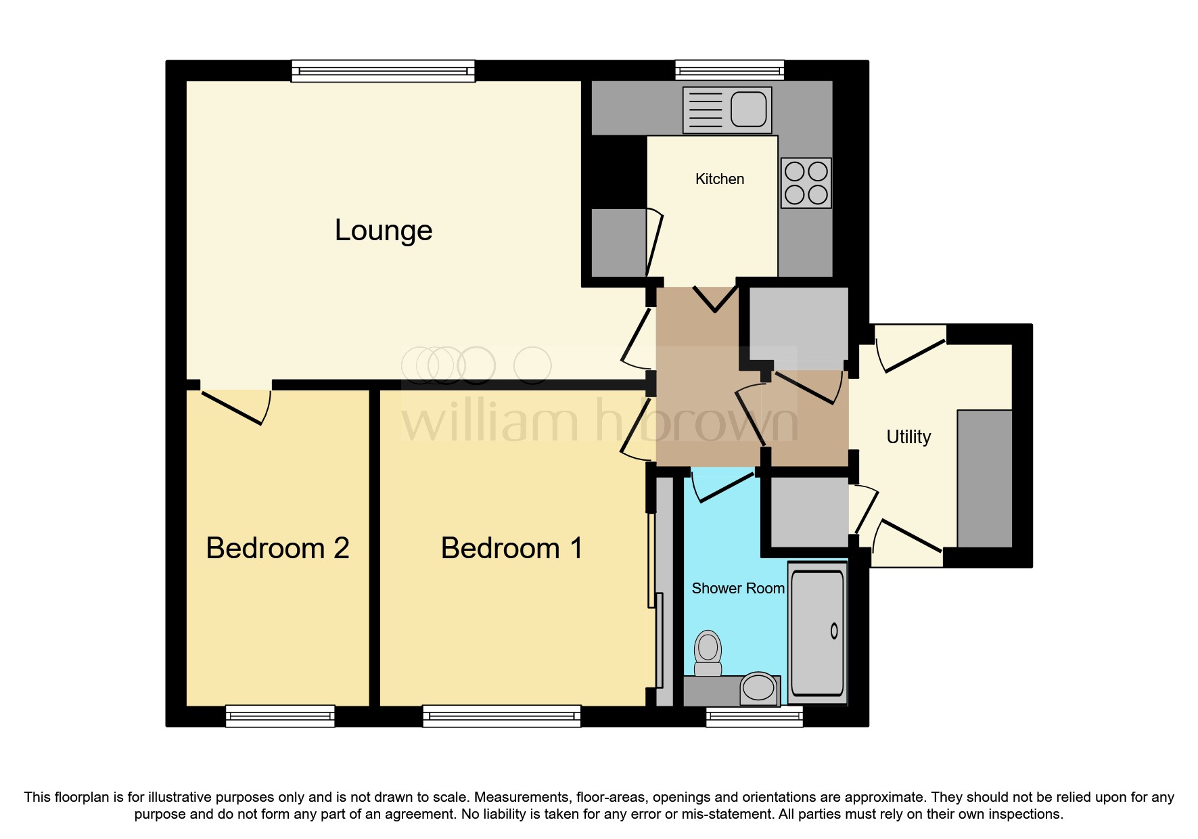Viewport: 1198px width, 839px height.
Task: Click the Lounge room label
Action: pos(383,231)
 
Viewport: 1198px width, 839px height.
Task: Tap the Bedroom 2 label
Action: pos(277,548)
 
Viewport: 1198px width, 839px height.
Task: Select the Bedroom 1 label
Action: pos(511,548)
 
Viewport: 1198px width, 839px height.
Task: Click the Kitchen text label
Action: pos(719,179)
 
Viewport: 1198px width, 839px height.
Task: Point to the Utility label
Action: pos(908,437)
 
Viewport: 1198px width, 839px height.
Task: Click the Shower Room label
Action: pos(737,589)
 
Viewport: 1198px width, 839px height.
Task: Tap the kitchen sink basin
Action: pos(748,109)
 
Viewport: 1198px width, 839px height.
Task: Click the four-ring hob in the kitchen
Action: pos(806,183)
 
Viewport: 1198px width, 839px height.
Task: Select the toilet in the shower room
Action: pos(708,652)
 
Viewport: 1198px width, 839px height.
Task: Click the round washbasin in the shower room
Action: pos(758,688)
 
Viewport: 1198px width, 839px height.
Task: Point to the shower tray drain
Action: pos(834,631)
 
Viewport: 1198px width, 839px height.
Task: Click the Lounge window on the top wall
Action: pos(383,70)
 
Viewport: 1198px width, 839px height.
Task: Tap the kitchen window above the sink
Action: pos(729,70)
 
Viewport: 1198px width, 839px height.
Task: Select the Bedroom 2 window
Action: pos(279,716)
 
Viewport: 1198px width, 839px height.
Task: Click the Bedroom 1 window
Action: pos(501,716)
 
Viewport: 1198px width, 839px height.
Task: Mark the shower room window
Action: pos(754,717)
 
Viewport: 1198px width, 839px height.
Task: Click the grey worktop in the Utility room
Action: pos(984,478)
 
